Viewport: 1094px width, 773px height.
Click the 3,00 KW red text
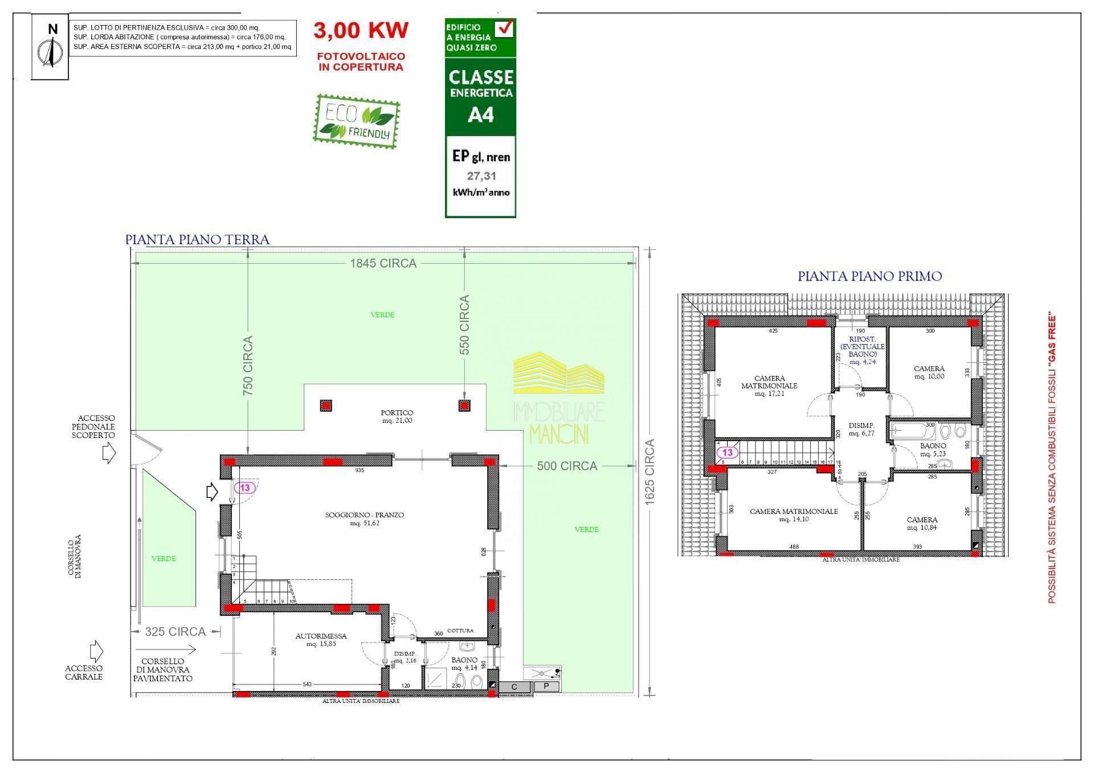coord(361,30)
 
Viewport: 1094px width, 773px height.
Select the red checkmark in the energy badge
coord(504,27)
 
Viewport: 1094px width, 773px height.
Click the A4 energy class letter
coord(480,115)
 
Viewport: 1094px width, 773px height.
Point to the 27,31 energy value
coord(481,177)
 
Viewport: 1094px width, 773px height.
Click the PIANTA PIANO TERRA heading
coord(197,240)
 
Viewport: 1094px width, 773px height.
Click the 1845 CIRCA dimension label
coord(383,263)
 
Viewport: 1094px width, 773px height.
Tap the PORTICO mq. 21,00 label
coord(397,416)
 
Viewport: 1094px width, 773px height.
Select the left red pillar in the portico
coord(326,406)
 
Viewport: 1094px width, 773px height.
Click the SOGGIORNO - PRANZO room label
coord(364,518)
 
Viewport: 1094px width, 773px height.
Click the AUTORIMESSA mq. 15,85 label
coord(321,640)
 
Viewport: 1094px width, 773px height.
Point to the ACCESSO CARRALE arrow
coord(96,651)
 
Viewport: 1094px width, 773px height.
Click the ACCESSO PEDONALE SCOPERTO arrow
coord(108,453)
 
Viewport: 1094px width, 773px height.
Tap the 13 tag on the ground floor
coord(245,488)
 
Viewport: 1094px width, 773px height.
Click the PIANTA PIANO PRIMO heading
coord(870,276)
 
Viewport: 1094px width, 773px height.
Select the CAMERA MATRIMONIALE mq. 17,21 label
coord(769,386)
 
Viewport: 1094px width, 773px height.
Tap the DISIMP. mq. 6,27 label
coord(861,430)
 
